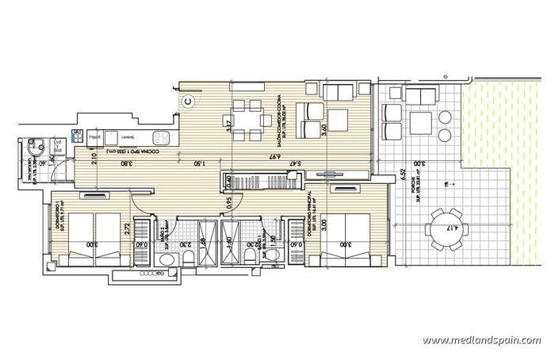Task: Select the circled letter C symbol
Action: coord(189,101)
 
